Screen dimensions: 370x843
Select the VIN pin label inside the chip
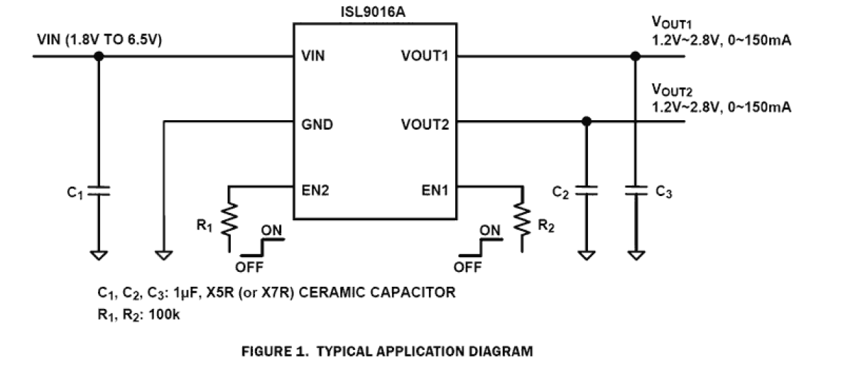click(314, 56)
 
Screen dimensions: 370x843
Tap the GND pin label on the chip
click(317, 124)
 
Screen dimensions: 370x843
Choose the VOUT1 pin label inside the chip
click(424, 56)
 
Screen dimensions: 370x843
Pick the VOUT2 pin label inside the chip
click(424, 124)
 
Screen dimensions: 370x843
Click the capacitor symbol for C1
click(99, 191)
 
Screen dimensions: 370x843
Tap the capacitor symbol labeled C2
click(587, 191)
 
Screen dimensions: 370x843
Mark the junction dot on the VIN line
click(99, 56)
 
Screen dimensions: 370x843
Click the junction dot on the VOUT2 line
click(587, 122)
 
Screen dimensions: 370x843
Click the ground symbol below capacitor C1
click(99, 256)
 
